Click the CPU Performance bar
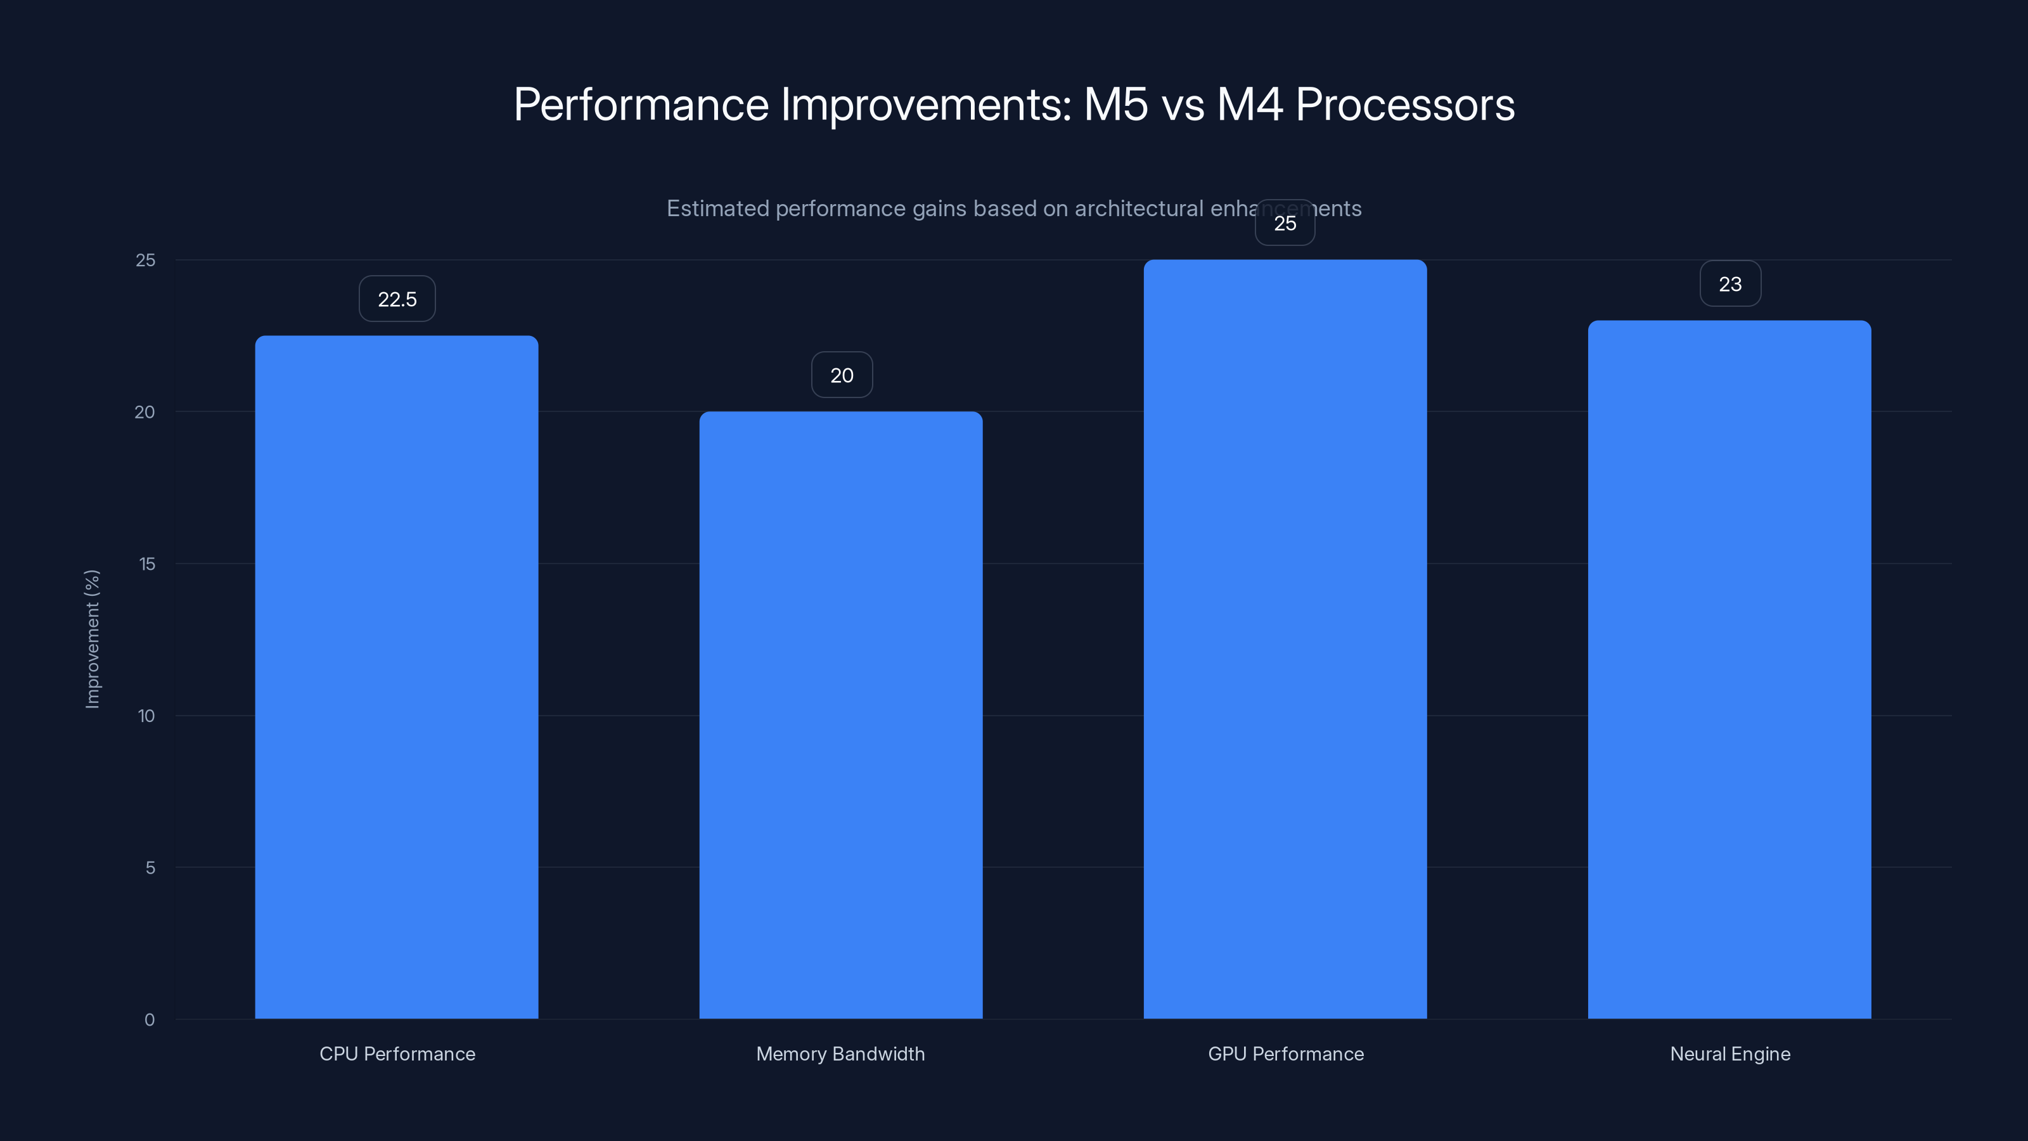[x=397, y=677]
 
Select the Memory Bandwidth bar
[x=841, y=715]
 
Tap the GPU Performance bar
[x=1285, y=640]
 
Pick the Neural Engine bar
[x=1730, y=669]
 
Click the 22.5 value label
[x=397, y=299]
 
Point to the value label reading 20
[x=842, y=376]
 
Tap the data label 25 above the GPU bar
[x=1285, y=224]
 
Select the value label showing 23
[x=1730, y=284]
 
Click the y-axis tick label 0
[x=150, y=1020]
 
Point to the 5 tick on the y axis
[x=150, y=868]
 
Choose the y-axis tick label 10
[x=146, y=716]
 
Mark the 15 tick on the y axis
[x=146, y=564]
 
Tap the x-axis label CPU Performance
[x=397, y=1054]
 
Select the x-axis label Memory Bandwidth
[x=840, y=1054]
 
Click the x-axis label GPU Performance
[x=1286, y=1054]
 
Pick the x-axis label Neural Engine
[x=1730, y=1054]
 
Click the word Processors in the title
[x=1404, y=105]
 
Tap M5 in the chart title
[x=1115, y=105]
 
